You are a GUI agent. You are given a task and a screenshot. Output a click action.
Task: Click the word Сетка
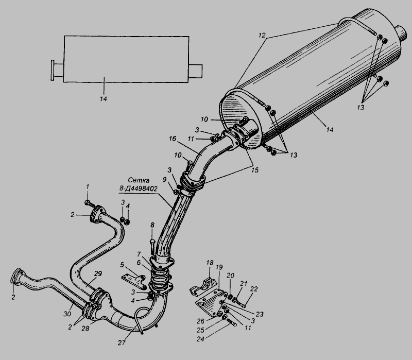[x=139, y=180]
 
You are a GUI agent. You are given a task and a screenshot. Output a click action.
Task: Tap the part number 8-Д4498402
[x=139, y=188]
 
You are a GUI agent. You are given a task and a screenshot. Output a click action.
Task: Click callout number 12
[x=262, y=35]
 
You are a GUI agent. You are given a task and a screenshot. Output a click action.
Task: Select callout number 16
[x=173, y=139]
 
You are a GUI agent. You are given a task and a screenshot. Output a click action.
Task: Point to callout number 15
[x=254, y=170]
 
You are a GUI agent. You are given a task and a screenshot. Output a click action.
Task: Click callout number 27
[x=122, y=342]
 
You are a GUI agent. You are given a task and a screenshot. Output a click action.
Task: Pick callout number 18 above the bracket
[x=210, y=263]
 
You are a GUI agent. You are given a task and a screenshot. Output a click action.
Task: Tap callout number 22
[x=254, y=289]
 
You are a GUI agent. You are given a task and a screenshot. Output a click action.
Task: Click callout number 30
[x=67, y=314]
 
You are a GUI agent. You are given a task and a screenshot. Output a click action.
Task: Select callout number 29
[x=98, y=273]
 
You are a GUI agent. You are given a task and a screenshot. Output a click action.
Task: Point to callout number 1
[x=88, y=186]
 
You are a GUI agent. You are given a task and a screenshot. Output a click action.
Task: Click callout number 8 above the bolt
[x=152, y=225]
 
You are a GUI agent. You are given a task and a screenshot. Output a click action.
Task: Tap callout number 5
[x=122, y=265]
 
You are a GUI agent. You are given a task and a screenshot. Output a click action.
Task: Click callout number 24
[x=200, y=339]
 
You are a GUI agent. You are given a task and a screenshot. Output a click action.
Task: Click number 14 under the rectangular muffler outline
[x=104, y=99]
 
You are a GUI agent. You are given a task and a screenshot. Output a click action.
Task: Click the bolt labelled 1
[x=89, y=203]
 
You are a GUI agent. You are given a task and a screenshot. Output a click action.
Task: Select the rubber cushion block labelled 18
[x=202, y=287]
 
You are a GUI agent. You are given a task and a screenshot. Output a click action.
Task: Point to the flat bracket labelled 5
[x=134, y=280]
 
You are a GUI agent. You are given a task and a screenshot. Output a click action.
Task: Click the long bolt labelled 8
[x=152, y=246]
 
